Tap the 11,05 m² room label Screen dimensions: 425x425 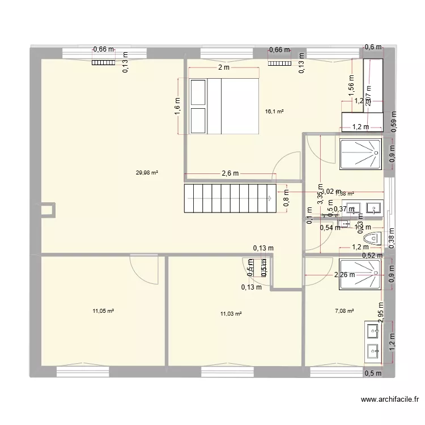[104, 311]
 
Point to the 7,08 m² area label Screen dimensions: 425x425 [344, 311]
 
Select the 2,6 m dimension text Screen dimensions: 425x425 [229, 173]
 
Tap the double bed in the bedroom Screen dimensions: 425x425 [224, 106]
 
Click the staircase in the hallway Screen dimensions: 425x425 [229, 198]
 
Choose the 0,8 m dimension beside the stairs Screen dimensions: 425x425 [287, 199]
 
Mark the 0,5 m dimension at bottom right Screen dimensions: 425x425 [373, 373]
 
